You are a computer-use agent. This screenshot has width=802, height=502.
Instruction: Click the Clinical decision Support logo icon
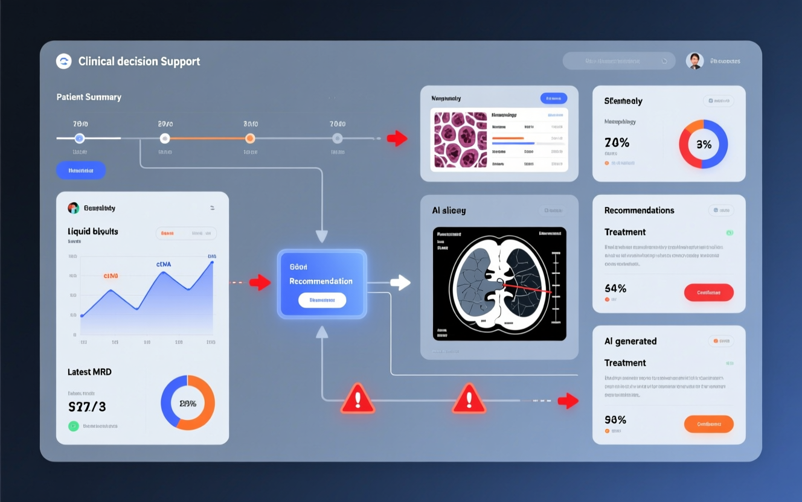point(63,61)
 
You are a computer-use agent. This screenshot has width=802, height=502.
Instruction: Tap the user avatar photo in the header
point(695,60)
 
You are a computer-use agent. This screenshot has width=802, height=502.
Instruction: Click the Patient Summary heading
point(89,97)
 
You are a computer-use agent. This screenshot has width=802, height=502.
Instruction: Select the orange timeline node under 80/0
point(250,138)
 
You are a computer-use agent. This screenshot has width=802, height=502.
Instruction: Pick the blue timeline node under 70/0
point(79,138)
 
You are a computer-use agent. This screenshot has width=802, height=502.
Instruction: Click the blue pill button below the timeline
point(81,170)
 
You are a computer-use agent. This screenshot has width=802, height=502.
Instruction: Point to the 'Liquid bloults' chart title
point(93,231)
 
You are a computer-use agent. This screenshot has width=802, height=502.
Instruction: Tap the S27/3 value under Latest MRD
point(88,407)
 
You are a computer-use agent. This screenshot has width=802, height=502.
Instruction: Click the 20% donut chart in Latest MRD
point(187,403)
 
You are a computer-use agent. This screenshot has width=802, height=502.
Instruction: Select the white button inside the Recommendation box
point(322,300)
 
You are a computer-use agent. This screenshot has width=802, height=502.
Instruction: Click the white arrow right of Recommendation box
point(400,282)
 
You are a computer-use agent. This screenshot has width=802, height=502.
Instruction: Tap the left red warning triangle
point(358,399)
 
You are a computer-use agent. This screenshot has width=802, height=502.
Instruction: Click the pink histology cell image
point(460,139)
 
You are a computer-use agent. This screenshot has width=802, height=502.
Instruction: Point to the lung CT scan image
point(499,284)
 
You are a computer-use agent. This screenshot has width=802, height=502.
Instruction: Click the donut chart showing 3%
point(703,144)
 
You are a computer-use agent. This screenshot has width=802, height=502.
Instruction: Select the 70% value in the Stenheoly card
point(617,143)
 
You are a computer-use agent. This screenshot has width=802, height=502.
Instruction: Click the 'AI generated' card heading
point(630,342)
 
